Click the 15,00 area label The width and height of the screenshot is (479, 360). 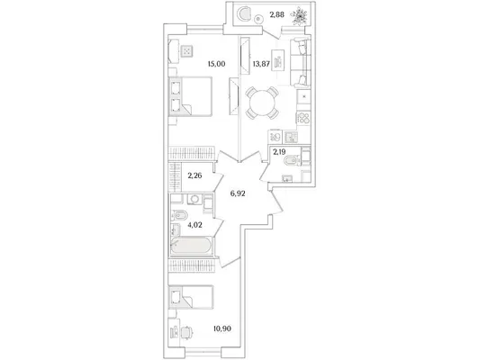[x=216, y=64]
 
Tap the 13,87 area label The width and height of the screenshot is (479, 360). [x=261, y=64]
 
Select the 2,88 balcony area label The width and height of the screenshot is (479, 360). [x=277, y=15]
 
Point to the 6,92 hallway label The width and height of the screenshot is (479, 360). [x=238, y=193]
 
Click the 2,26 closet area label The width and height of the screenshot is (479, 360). [x=194, y=175]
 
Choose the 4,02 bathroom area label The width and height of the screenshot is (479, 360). [x=194, y=225]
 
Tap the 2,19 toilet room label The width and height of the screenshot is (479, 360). [x=279, y=152]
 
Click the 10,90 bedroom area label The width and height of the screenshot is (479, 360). [x=222, y=328]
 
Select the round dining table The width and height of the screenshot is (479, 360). [x=262, y=103]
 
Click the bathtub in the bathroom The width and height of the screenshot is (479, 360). [x=191, y=245]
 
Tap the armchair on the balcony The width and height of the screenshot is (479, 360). [x=245, y=14]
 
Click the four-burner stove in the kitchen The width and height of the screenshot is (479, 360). [x=303, y=118]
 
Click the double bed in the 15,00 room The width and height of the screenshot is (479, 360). [x=191, y=96]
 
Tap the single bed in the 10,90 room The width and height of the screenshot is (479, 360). [x=191, y=297]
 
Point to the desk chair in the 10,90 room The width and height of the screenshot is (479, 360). [x=186, y=331]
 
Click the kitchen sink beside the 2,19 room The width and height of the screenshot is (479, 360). [x=291, y=137]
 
